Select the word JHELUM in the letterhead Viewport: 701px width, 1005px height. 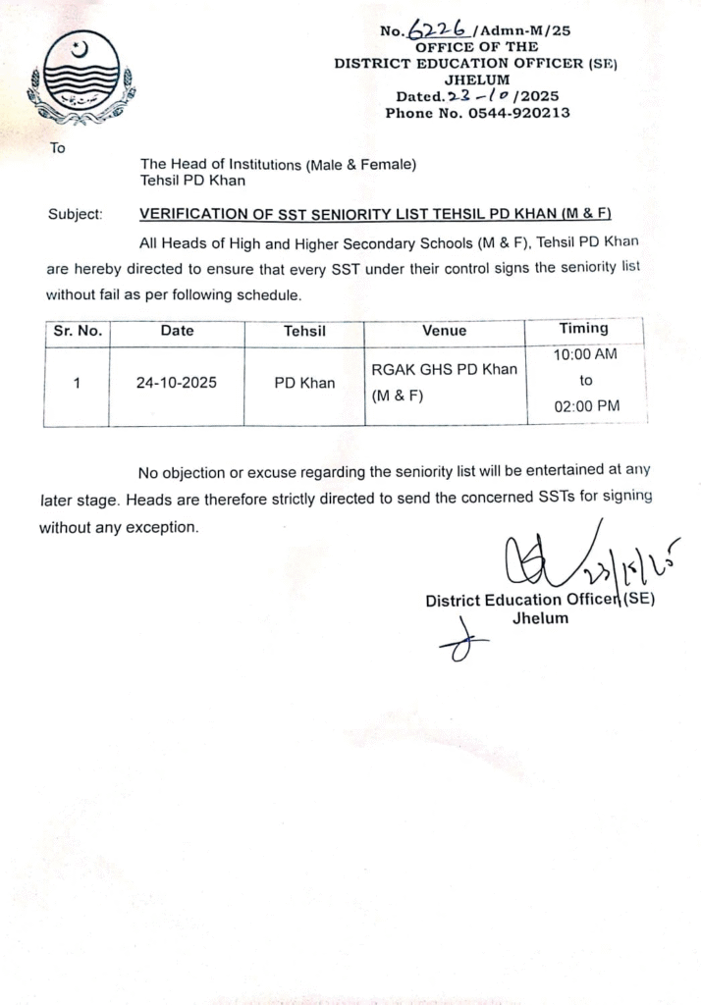[x=477, y=79]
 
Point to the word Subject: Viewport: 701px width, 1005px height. [x=75, y=214]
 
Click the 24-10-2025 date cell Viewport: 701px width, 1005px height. [x=177, y=383]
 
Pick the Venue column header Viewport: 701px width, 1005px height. [x=445, y=331]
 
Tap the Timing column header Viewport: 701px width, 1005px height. [x=583, y=329]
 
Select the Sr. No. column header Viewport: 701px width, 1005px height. [x=77, y=331]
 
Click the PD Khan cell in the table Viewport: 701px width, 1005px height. [x=304, y=383]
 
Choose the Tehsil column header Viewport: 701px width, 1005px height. [x=304, y=331]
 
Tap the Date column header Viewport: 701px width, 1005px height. [x=177, y=331]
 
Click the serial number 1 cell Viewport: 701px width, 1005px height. [x=77, y=383]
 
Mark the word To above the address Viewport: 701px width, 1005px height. [x=57, y=149]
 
